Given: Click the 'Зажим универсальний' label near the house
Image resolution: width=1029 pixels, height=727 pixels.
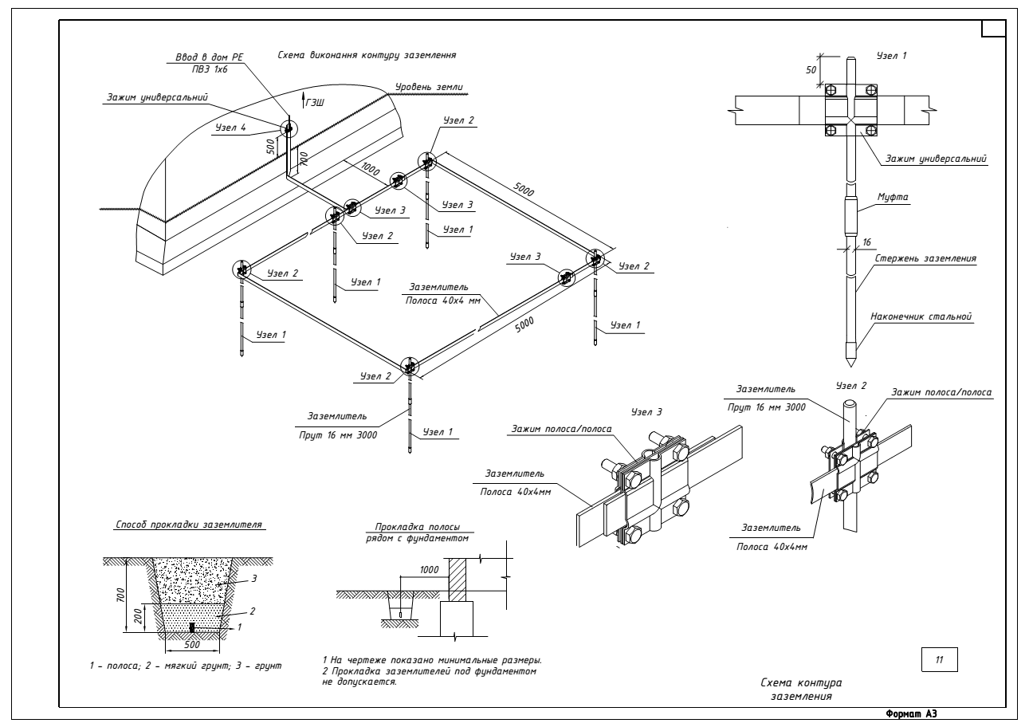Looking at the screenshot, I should pos(157,98).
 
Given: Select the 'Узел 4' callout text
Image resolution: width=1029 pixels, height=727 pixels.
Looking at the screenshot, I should pos(232,127).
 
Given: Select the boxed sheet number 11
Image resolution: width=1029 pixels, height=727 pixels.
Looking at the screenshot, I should pos(939,660).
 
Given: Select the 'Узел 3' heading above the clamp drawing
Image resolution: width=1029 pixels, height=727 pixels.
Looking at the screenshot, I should pos(642,413).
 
